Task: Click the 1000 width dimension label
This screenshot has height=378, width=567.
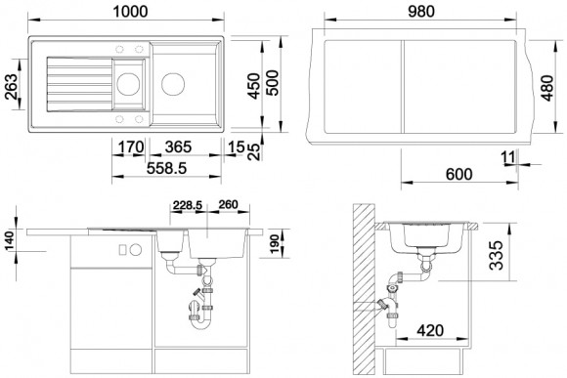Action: (x=130, y=11)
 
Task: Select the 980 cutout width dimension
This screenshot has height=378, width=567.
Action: (x=421, y=11)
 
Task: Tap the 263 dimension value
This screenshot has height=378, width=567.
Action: (x=11, y=87)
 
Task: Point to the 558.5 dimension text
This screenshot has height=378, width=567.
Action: (x=166, y=168)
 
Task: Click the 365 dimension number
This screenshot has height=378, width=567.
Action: (x=178, y=147)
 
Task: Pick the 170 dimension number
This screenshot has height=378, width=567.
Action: (x=131, y=147)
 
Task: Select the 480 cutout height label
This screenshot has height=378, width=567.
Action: (x=546, y=88)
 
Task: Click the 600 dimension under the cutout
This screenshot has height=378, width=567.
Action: (x=458, y=175)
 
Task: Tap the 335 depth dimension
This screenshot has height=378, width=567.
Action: (x=496, y=255)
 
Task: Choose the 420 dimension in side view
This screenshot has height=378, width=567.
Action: (x=430, y=330)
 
